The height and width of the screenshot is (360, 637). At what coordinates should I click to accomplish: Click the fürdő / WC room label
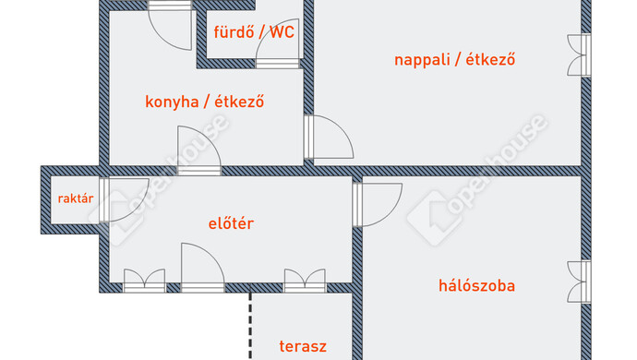pyautogui.click(x=254, y=32)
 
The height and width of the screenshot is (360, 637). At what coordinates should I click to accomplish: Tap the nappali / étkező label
pyautogui.click(x=454, y=60)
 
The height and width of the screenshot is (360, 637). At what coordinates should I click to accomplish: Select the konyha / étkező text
pyautogui.click(x=205, y=102)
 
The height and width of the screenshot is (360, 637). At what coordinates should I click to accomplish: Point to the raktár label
pyautogui.click(x=75, y=198)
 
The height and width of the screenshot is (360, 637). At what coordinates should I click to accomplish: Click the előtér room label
pyautogui.click(x=231, y=223)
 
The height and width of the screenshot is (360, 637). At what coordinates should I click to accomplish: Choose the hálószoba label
pyautogui.click(x=475, y=285)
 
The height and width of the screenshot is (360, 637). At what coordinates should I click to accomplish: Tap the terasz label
pyautogui.click(x=303, y=347)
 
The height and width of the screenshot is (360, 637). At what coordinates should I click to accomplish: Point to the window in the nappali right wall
pyautogui.click(x=579, y=55)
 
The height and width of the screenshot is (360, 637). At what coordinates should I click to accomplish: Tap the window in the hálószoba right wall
pyautogui.click(x=579, y=282)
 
